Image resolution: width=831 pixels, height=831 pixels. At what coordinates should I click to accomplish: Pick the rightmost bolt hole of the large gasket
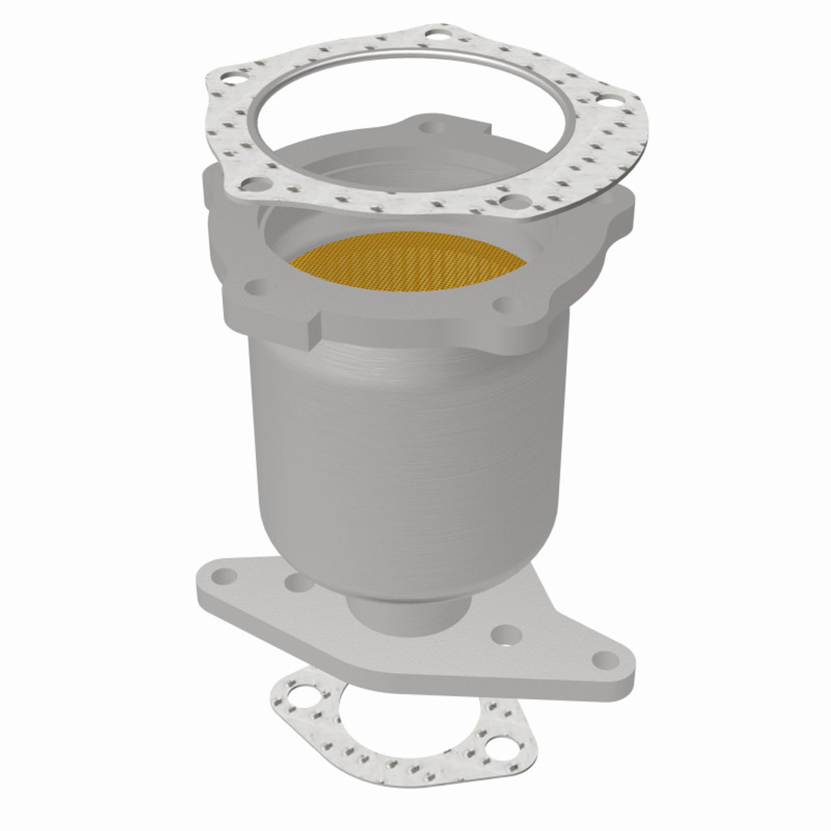point(608,101)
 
